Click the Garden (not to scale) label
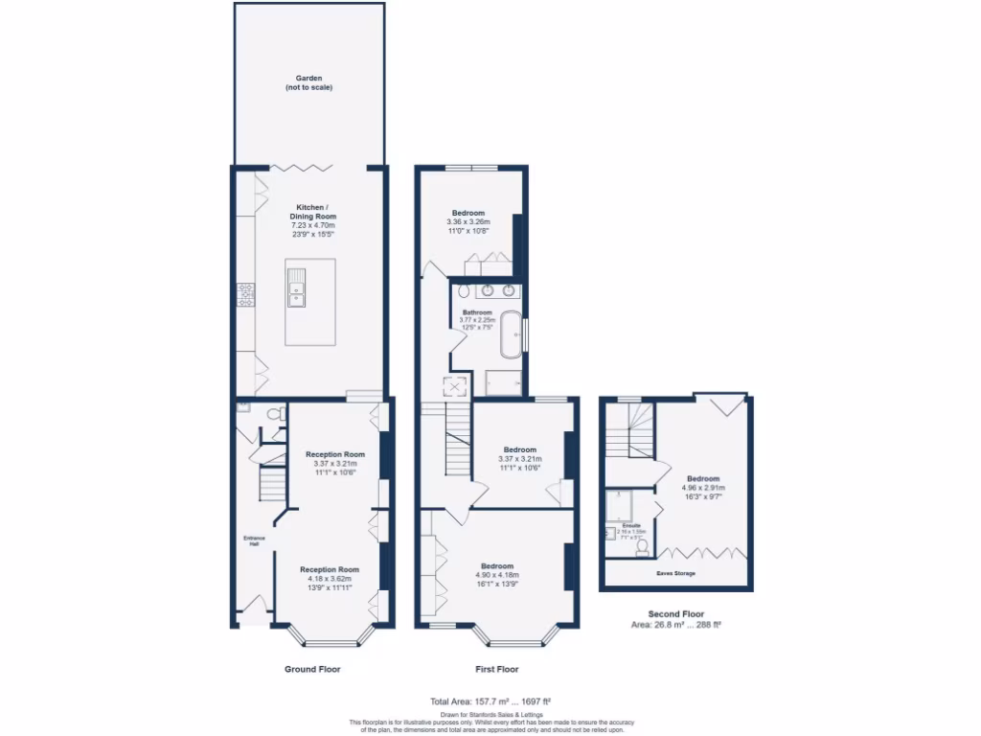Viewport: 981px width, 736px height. (x=308, y=83)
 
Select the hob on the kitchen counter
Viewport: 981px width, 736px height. (x=244, y=294)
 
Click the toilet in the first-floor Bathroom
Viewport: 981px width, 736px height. (x=464, y=290)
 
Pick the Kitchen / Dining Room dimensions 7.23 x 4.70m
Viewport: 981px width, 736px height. (x=309, y=225)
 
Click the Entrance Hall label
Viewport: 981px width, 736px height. (x=255, y=540)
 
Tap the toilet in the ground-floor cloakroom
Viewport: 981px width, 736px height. (x=274, y=414)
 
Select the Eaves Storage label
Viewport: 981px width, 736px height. (x=675, y=573)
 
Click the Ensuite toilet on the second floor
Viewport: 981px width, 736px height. (x=643, y=546)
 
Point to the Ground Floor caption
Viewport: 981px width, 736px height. (x=312, y=669)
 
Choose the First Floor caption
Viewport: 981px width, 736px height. (x=496, y=669)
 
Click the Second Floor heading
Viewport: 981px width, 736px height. (x=676, y=613)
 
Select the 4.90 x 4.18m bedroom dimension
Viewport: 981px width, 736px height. (x=497, y=575)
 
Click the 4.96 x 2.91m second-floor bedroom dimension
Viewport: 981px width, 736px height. (x=702, y=488)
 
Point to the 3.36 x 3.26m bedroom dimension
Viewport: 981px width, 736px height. (x=468, y=222)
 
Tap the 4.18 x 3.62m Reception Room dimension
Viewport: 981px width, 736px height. (x=330, y=579)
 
